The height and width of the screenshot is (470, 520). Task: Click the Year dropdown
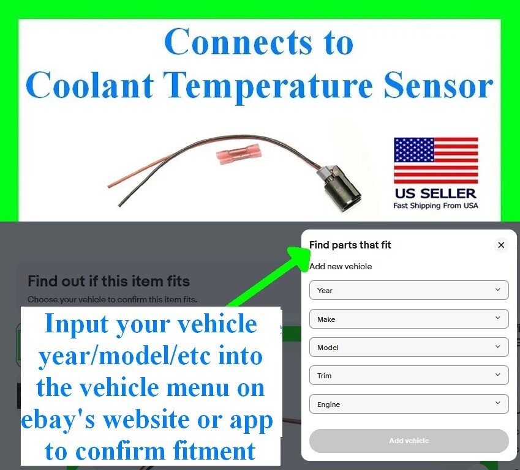click(409, 290)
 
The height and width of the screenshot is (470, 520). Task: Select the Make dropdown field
click(409, 319)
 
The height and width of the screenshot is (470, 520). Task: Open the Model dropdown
click(409, 347)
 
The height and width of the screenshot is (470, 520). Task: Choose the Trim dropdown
click(409, 375)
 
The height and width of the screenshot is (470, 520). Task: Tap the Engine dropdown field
click(409, 404)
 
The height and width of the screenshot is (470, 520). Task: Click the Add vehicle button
click(409, 441)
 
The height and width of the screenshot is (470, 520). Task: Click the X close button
click(501, 245)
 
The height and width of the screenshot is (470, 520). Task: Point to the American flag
click(435, 160)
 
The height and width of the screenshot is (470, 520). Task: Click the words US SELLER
click(435, 193)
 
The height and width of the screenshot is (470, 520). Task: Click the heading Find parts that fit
click(350, 245)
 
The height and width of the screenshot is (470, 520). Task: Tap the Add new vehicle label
click(341, 266)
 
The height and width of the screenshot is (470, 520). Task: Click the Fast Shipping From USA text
click(435, 206)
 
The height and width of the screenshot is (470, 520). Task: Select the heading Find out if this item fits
click(109, 282)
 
